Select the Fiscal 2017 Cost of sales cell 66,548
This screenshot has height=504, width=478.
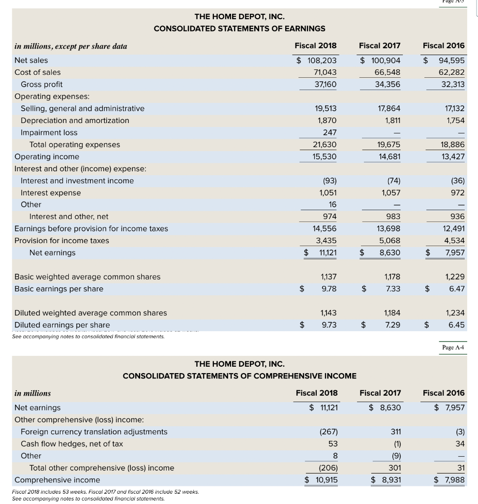click(x=387, y=72)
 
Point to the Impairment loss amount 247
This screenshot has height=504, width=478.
click(x=329, y=132)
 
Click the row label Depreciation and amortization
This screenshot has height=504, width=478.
click(x=75, y=121)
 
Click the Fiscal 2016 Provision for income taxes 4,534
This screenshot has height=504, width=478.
click(x=454, y=241)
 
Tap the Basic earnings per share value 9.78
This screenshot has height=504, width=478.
click(x=329, y=289)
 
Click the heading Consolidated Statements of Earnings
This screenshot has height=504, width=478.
click(x=239, y=29)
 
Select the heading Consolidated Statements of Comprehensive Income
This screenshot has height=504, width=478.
click(x=239, y=376)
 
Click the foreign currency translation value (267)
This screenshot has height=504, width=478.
click(x=328, y=432)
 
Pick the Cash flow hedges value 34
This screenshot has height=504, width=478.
click(x=460, y=443)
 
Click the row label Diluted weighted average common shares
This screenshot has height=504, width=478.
click(x=90, y=313)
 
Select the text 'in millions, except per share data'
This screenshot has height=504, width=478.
click(x=71, y=46)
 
